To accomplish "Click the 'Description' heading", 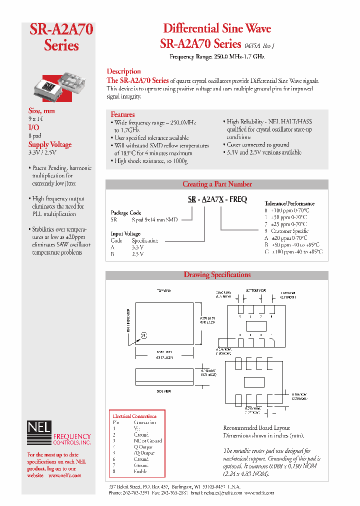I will point(124,71).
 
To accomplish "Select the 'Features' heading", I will point(122,114).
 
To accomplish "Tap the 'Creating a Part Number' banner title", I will point(217,184).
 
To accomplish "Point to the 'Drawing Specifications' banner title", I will point(217,274).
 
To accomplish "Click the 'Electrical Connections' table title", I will point(134,416).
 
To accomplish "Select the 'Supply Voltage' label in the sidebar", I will point(50,145).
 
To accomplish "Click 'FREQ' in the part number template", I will point(237,199).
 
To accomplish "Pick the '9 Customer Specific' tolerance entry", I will point(289,231).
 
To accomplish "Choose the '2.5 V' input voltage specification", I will point(137,254).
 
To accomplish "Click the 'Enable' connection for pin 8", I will point(141,471).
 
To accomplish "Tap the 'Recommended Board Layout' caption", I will point(256,428).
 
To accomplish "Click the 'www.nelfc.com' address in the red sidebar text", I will point(64,475).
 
